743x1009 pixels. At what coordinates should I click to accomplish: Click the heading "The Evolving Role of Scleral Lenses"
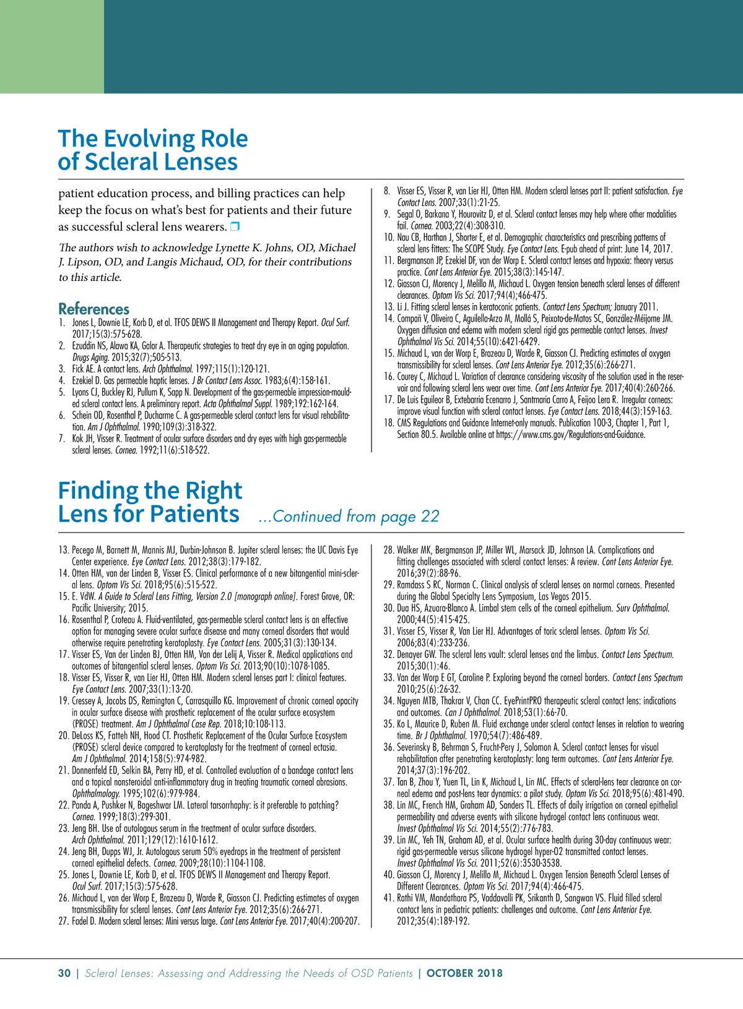click(152, 150)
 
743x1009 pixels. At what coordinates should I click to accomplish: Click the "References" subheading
click(93, 309)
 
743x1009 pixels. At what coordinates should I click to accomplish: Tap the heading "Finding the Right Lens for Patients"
click(149, 502)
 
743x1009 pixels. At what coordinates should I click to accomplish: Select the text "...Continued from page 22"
click(349, 516)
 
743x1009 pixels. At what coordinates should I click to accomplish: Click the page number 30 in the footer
click(64, 973)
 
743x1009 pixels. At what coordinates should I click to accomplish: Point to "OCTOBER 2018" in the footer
click(464, 973)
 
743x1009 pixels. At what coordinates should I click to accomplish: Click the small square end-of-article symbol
click(235, 227)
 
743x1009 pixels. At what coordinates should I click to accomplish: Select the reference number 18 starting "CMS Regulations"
click(388, 423)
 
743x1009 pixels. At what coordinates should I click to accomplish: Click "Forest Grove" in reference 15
click(321, 596)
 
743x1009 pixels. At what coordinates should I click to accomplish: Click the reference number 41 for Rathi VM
click(388, 898)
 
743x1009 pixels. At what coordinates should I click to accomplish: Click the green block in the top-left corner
click(51, 46)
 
